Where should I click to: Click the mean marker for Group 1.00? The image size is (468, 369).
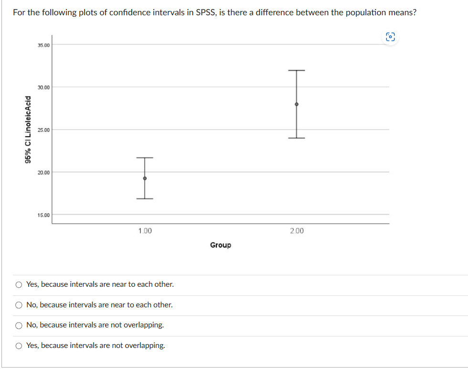pos(145,178)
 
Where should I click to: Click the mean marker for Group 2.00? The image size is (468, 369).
pos(297,104)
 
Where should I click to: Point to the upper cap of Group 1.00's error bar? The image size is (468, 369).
pos(145,158)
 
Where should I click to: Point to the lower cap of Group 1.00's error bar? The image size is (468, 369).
pos(145,198)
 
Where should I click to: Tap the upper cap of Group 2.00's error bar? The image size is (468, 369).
pos(297,71)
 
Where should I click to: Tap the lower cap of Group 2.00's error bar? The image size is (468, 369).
pos(297,138)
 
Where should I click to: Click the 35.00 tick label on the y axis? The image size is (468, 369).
pos(43,45)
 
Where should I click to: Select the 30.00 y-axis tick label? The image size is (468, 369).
pos(43,87)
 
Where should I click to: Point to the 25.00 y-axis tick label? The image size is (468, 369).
pos(43,130)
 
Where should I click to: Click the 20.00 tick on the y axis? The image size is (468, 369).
pos(43,172)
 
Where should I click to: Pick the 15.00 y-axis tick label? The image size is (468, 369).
pos(43,215)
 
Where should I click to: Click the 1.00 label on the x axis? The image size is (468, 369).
pos(145,231)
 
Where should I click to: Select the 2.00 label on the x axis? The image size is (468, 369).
pos(297,231)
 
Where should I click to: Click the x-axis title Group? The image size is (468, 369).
pos(221,245)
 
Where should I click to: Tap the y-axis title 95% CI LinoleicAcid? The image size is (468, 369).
pos(30,130)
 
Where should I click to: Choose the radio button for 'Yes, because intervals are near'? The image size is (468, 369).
pos(19,284)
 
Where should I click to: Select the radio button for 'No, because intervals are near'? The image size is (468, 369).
pos(19,305)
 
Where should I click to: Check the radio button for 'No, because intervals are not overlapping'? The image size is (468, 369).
pos(19,325)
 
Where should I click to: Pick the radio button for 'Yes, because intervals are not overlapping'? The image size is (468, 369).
pos(19,346)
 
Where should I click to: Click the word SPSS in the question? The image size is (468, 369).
pos(206,12)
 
